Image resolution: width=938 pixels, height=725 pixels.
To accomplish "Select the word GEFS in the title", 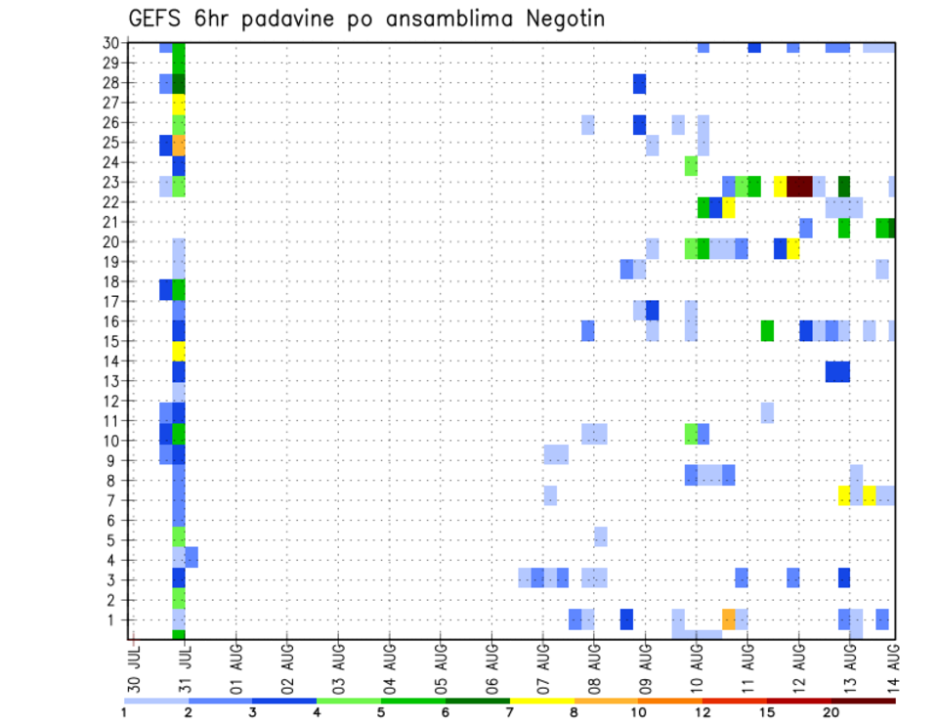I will tap(157, 20).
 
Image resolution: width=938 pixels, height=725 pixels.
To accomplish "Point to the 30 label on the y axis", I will tap(111, 43).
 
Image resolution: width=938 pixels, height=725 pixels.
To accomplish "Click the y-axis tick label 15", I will tap(111, 341).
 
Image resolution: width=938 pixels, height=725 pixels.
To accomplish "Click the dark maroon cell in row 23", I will tap(799, 186).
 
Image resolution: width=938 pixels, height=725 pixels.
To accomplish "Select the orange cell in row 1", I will tap(729, 619).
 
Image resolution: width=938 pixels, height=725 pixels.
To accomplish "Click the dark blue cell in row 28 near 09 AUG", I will tap(639, 84).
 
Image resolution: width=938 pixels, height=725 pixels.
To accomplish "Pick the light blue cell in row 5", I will tap(601, 536).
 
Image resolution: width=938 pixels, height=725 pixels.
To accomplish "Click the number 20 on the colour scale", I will tap(831, 711).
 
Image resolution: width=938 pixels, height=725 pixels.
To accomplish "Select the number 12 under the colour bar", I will tap(703, 711).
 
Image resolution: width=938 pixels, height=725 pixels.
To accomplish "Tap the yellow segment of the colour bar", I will tap(541, 701).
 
